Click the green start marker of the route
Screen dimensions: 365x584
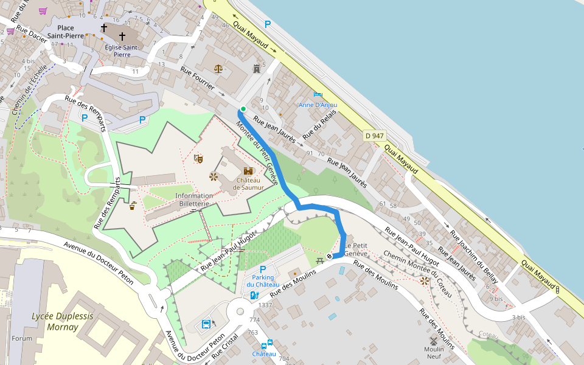[243, 109]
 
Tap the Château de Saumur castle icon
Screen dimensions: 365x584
[248, 171]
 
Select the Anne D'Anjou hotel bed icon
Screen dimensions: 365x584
[318, 94]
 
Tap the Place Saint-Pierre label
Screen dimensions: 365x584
[69, 32]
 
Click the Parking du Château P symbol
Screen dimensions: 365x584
[263, 269]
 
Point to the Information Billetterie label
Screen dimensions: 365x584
[193, 200]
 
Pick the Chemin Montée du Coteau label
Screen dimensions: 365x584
[420, 274]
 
